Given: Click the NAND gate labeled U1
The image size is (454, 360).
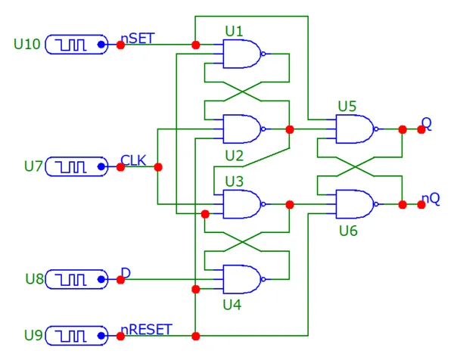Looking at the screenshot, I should click(241, 54).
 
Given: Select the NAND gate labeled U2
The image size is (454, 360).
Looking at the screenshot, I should click(241, 129).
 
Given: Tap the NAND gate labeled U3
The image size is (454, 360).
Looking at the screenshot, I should click(241, 203).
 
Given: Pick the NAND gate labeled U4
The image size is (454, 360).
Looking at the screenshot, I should click(241, 278).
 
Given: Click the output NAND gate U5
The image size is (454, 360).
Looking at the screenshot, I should click(353, 129).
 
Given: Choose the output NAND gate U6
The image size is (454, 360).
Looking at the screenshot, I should click(353, 204).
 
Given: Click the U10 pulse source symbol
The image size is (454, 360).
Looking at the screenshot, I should click(76, 45).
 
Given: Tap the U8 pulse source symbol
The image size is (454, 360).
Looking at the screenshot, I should click(76, 280).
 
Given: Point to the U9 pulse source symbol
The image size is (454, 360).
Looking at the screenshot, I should click(76, 335).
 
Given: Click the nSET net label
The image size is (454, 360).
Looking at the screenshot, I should click(140, 39).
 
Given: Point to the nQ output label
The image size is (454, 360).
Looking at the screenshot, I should click(431, 198).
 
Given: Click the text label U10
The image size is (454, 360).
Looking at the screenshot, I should click(28, 44).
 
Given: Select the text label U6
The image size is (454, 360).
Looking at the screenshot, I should click(347, 230).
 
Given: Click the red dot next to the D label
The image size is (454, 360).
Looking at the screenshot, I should click(120, 280).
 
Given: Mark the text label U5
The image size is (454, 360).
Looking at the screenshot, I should click(347, 105).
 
